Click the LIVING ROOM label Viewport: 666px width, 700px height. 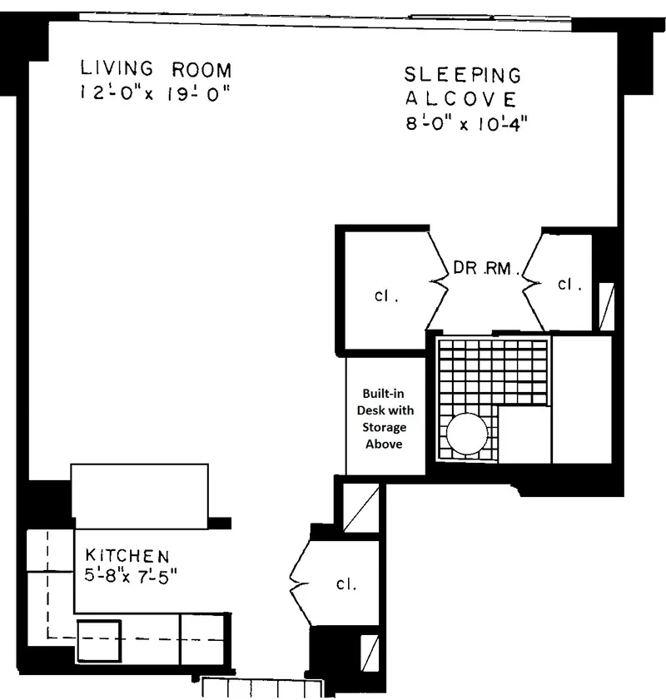(156, 69)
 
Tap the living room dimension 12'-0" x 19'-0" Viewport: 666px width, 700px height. (155, 93)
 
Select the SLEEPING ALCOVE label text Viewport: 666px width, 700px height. (463, 87)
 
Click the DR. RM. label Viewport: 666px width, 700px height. (486, 269)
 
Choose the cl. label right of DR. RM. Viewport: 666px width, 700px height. (569, 284)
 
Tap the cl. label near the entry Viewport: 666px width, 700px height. (346, 583)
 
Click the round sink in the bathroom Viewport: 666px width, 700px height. (470, 433)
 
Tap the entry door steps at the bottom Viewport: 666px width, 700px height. (261, 688)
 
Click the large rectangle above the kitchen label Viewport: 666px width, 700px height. (139, 495)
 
